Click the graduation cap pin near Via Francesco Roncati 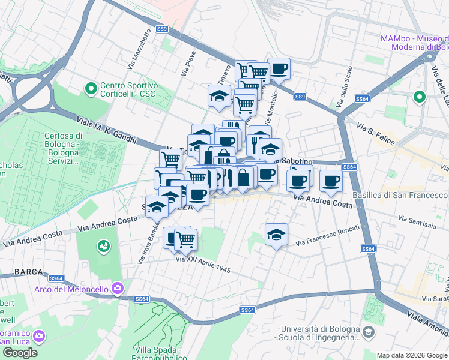tap(276, 234)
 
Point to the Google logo tap(20, 353)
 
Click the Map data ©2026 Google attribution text tap(411, 355)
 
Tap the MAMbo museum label tap(414, 42)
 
